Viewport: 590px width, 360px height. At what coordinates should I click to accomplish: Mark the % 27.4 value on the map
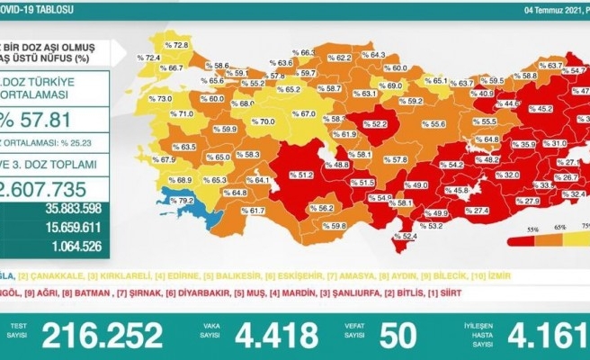[477, 210]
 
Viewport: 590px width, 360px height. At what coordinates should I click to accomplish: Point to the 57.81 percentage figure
[45, 117]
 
